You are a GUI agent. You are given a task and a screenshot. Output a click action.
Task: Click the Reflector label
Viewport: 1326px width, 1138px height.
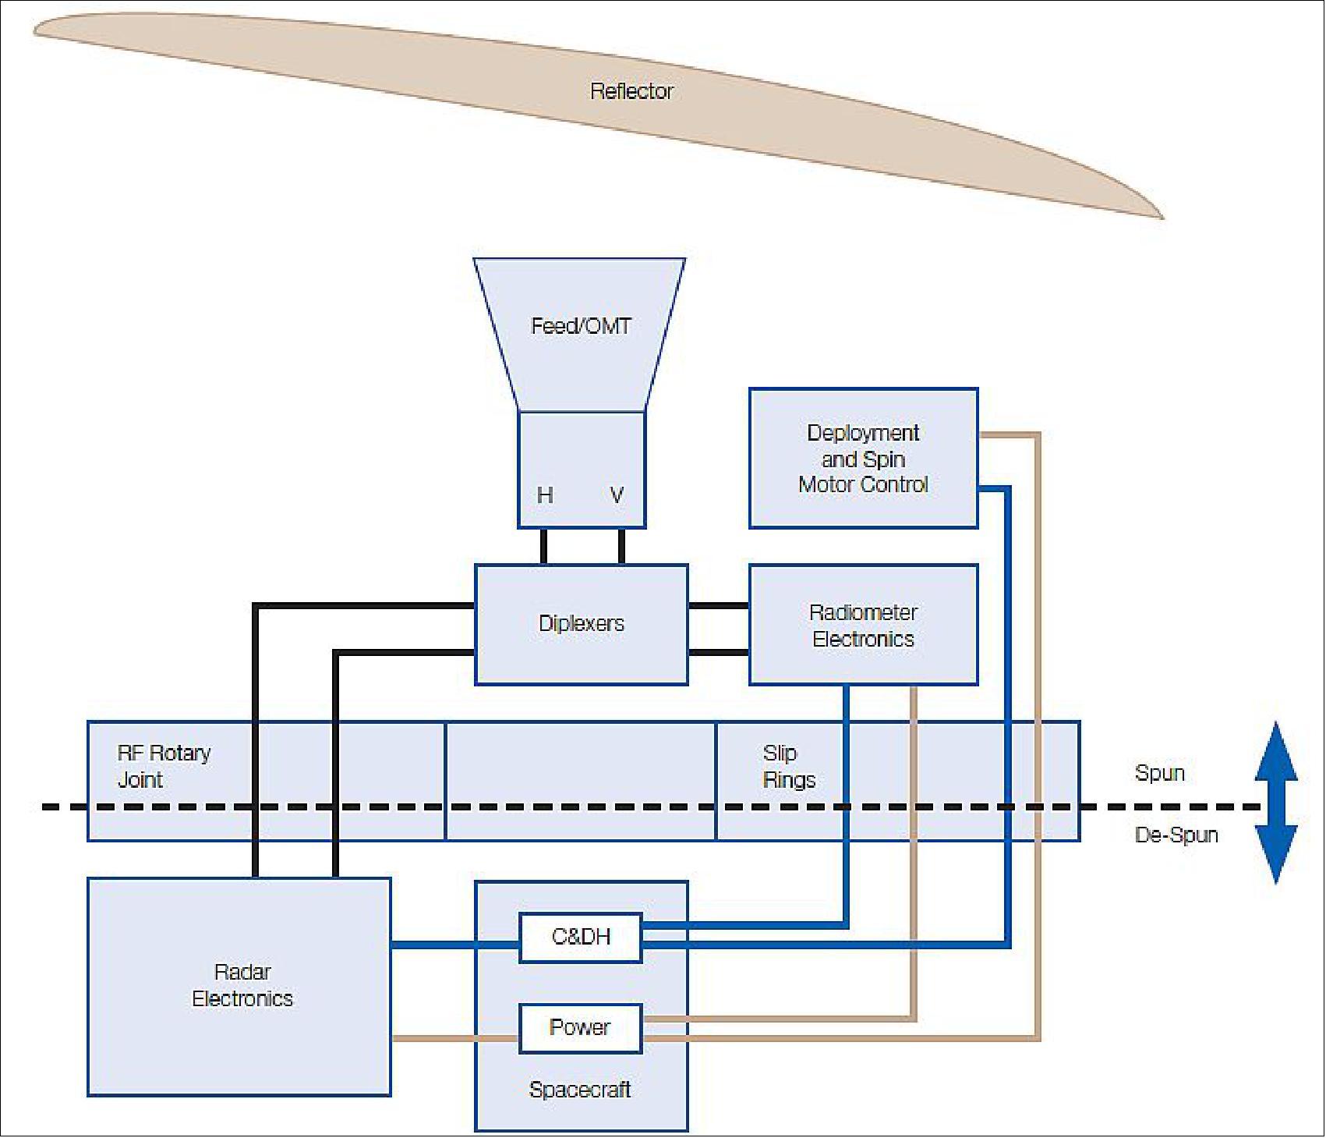click(631, 91)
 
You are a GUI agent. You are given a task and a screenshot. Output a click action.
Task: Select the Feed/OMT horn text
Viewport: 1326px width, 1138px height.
click(581, 326)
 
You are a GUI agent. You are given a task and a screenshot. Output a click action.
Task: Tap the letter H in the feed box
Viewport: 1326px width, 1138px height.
click(545, 495)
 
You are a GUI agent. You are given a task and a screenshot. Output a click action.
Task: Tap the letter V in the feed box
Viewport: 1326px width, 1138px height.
click(617, 495)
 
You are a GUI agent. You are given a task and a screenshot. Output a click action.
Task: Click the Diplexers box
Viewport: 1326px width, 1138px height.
click(582, 624)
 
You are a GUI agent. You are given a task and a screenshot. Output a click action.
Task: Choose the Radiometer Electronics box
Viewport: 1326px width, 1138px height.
click(863, 626)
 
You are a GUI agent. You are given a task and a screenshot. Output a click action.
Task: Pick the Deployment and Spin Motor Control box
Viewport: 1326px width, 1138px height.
click(863, 459)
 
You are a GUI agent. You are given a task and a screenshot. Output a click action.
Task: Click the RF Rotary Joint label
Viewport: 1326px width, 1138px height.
click(164, 766)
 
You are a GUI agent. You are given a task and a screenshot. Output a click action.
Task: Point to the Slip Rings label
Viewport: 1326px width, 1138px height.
click(788, 766)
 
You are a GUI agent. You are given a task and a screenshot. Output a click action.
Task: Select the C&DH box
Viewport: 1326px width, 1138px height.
click(581, 937)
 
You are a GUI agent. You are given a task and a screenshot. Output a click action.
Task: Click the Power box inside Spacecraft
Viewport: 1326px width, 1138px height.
click(580, 1027)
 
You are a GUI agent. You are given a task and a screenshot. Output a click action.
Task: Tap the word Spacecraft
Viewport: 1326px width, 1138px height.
click(580, 1090)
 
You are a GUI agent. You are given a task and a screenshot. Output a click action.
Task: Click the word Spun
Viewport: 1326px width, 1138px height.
click(1159, 773)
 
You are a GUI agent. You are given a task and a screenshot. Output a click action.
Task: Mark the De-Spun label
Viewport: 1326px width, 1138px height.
click(1176, 835)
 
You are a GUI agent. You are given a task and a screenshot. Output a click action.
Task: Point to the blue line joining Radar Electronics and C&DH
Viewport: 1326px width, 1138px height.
click(454, 945)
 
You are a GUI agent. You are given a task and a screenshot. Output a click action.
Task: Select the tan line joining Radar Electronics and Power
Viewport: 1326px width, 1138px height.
click(454, 1038)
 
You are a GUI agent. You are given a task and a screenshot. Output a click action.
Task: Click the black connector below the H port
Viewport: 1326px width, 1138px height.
click(543, 546)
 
